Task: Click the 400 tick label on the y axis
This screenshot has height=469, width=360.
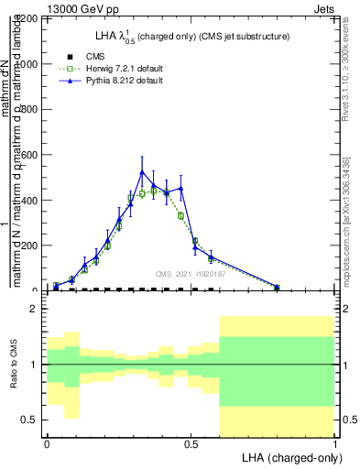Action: pyautogui.click(x=31, y=200)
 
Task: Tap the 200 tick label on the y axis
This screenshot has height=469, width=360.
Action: pyautogui.click(x=31, y=245)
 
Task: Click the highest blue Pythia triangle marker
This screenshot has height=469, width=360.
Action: pyautogui.click(x=142, y=172)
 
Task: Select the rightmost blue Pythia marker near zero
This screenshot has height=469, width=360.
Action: pyautogui.click(x=277, y=287)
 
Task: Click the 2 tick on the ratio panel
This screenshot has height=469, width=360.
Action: pyautogui.click(x=35, y=309)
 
